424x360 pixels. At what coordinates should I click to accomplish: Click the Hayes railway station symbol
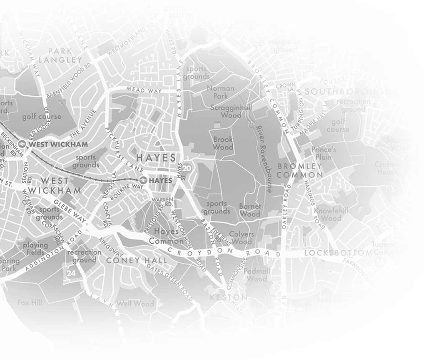tap(143, 181)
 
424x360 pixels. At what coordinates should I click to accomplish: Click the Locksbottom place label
tap(338, 253)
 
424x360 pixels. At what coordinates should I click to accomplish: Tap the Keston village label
tap(229, 297)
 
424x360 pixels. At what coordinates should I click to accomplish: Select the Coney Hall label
tap(137, 260)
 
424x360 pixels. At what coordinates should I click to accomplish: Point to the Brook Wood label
tap(223, 143)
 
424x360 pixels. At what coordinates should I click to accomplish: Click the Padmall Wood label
tap(257, 275)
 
